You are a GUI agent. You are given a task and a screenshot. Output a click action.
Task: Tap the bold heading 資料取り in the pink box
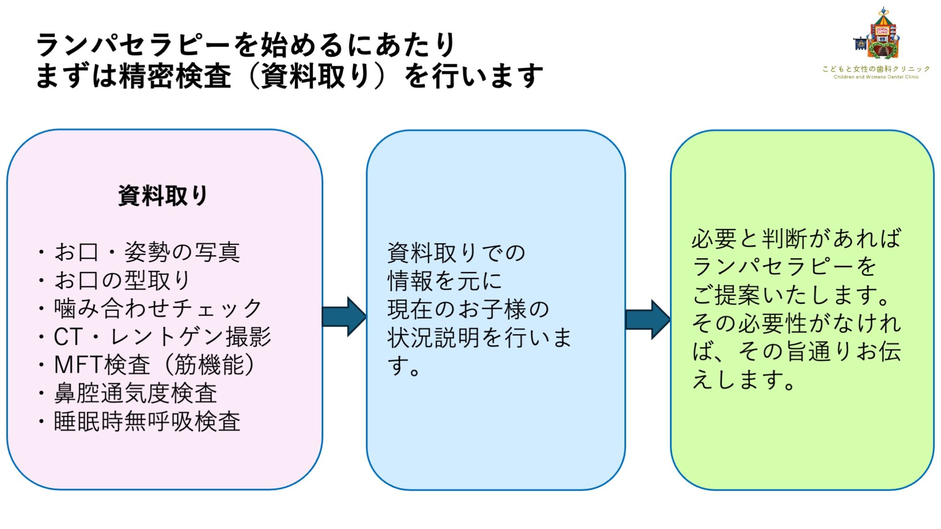(x=163, y=196)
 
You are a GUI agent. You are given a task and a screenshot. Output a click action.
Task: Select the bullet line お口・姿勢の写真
(x=147, y=252)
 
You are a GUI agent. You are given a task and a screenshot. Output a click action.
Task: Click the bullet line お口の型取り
(x=122, y=280)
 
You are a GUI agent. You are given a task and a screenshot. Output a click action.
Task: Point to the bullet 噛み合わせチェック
(x=158, y=308)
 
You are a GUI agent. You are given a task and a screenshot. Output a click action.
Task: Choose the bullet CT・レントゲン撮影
(x=162, y=337)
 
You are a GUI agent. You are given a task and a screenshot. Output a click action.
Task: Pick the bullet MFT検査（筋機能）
(x=154, y=365)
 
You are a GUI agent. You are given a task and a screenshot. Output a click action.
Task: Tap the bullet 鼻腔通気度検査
(x=136, y=393)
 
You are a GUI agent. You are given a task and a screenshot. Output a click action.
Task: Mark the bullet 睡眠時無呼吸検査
(x=147, y=421)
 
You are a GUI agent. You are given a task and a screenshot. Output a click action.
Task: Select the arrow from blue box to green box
(x=648, y=319)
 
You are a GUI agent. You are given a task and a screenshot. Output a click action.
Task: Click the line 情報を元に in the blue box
(x=445, y=281)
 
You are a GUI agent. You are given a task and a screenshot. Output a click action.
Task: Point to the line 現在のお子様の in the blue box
(x=468, y=309)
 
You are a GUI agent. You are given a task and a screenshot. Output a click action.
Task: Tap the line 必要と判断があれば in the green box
(x=796, y=239)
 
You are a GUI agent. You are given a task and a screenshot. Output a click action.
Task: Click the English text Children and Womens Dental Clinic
(x=876, y=77)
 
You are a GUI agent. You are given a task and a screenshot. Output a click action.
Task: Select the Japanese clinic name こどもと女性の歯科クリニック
(x=876, y=69)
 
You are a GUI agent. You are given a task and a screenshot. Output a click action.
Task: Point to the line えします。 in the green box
(x=743, y=380)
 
